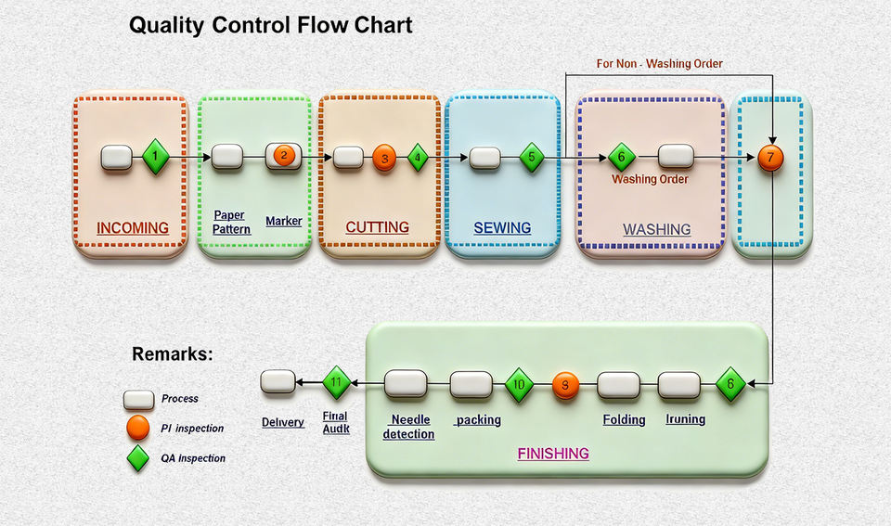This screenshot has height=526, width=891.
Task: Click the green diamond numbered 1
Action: [x=156, y=157]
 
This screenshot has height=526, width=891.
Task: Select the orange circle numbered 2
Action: [x=284, y=156]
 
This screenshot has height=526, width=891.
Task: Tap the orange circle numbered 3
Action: [x=383, y=158]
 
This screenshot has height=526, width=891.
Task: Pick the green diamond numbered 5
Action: [x=531, y=158]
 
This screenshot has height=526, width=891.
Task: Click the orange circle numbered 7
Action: [x=770, y=157]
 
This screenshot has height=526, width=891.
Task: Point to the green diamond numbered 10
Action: [x=520, y=384]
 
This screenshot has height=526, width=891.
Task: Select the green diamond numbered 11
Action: [x=336, y=382]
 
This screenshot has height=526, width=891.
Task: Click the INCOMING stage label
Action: [x=133, y=227]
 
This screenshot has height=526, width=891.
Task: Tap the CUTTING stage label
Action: [x=377, y=227]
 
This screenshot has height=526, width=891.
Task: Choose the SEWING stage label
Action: [x=502, y=227]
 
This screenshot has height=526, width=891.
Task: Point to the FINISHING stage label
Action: [x=553, y=454]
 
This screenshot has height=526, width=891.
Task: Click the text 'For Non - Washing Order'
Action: [x=659, y=64]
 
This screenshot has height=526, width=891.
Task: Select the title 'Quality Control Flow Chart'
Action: [x=271, y=25]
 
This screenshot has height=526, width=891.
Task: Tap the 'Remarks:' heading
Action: [x=173, y=353]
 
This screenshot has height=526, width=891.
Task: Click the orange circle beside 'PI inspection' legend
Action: [x=137, y=428]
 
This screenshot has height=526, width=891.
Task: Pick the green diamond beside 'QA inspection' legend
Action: [x=137, y=457]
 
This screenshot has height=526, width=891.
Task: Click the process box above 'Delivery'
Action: [x=277, y=381]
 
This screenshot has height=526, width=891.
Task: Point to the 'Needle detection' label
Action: [x=408, y=427]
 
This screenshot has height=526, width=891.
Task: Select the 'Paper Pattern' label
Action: [x=230, y=222]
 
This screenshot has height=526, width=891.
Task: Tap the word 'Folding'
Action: [x=624, y=419]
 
